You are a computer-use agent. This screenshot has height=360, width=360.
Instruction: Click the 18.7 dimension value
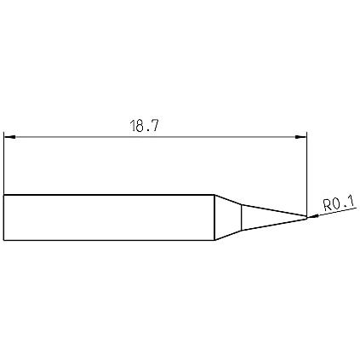(145, 126)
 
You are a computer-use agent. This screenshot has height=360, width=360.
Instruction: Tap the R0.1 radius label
(339, 203)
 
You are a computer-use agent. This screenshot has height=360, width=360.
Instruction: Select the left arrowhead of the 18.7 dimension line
(9, 137)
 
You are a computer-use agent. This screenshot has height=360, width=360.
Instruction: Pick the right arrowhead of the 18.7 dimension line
(300, 137)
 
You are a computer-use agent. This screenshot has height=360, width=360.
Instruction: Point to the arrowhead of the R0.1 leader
(313, 216)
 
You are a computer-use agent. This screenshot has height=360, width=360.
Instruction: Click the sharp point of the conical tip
(307, 217)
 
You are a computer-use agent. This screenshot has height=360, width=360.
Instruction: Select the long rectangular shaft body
(109, 218)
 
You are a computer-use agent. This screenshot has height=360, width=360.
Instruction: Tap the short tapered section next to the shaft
(228, 218)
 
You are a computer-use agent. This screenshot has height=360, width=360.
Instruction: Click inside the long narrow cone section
(270, 217)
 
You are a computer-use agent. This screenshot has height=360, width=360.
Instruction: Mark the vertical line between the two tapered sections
(242, 217)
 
